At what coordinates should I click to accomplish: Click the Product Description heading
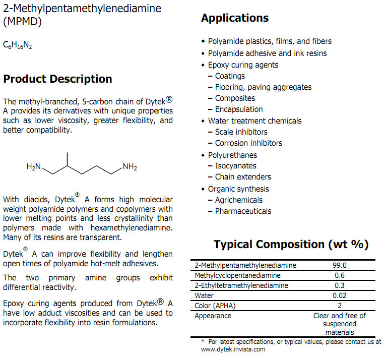[x=57, y=79]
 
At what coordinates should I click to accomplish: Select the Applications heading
[x=235, y=18]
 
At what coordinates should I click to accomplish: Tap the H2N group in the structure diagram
[x=35, y=167]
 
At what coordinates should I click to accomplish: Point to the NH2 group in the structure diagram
[x=130, y=167]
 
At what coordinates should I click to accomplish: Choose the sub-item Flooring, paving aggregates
[x=263, y=87]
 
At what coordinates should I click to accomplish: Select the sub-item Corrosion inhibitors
[x=248, y=143]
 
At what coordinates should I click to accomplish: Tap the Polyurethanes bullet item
[x=232, y=155]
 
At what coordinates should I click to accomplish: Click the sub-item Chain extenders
[x=243, y=177]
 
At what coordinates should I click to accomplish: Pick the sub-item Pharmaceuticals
[x=243, y=211]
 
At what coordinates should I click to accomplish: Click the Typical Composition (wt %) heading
[x=291, y=245]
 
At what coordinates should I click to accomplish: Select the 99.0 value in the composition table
[x=341, y=265]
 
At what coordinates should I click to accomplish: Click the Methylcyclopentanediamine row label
[x=237, y=275]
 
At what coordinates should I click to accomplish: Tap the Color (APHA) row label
[x=215, y=306]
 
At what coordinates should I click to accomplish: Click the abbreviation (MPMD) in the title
[x=22, y=22]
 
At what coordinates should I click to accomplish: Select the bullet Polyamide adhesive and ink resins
[x=267, y=53]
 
